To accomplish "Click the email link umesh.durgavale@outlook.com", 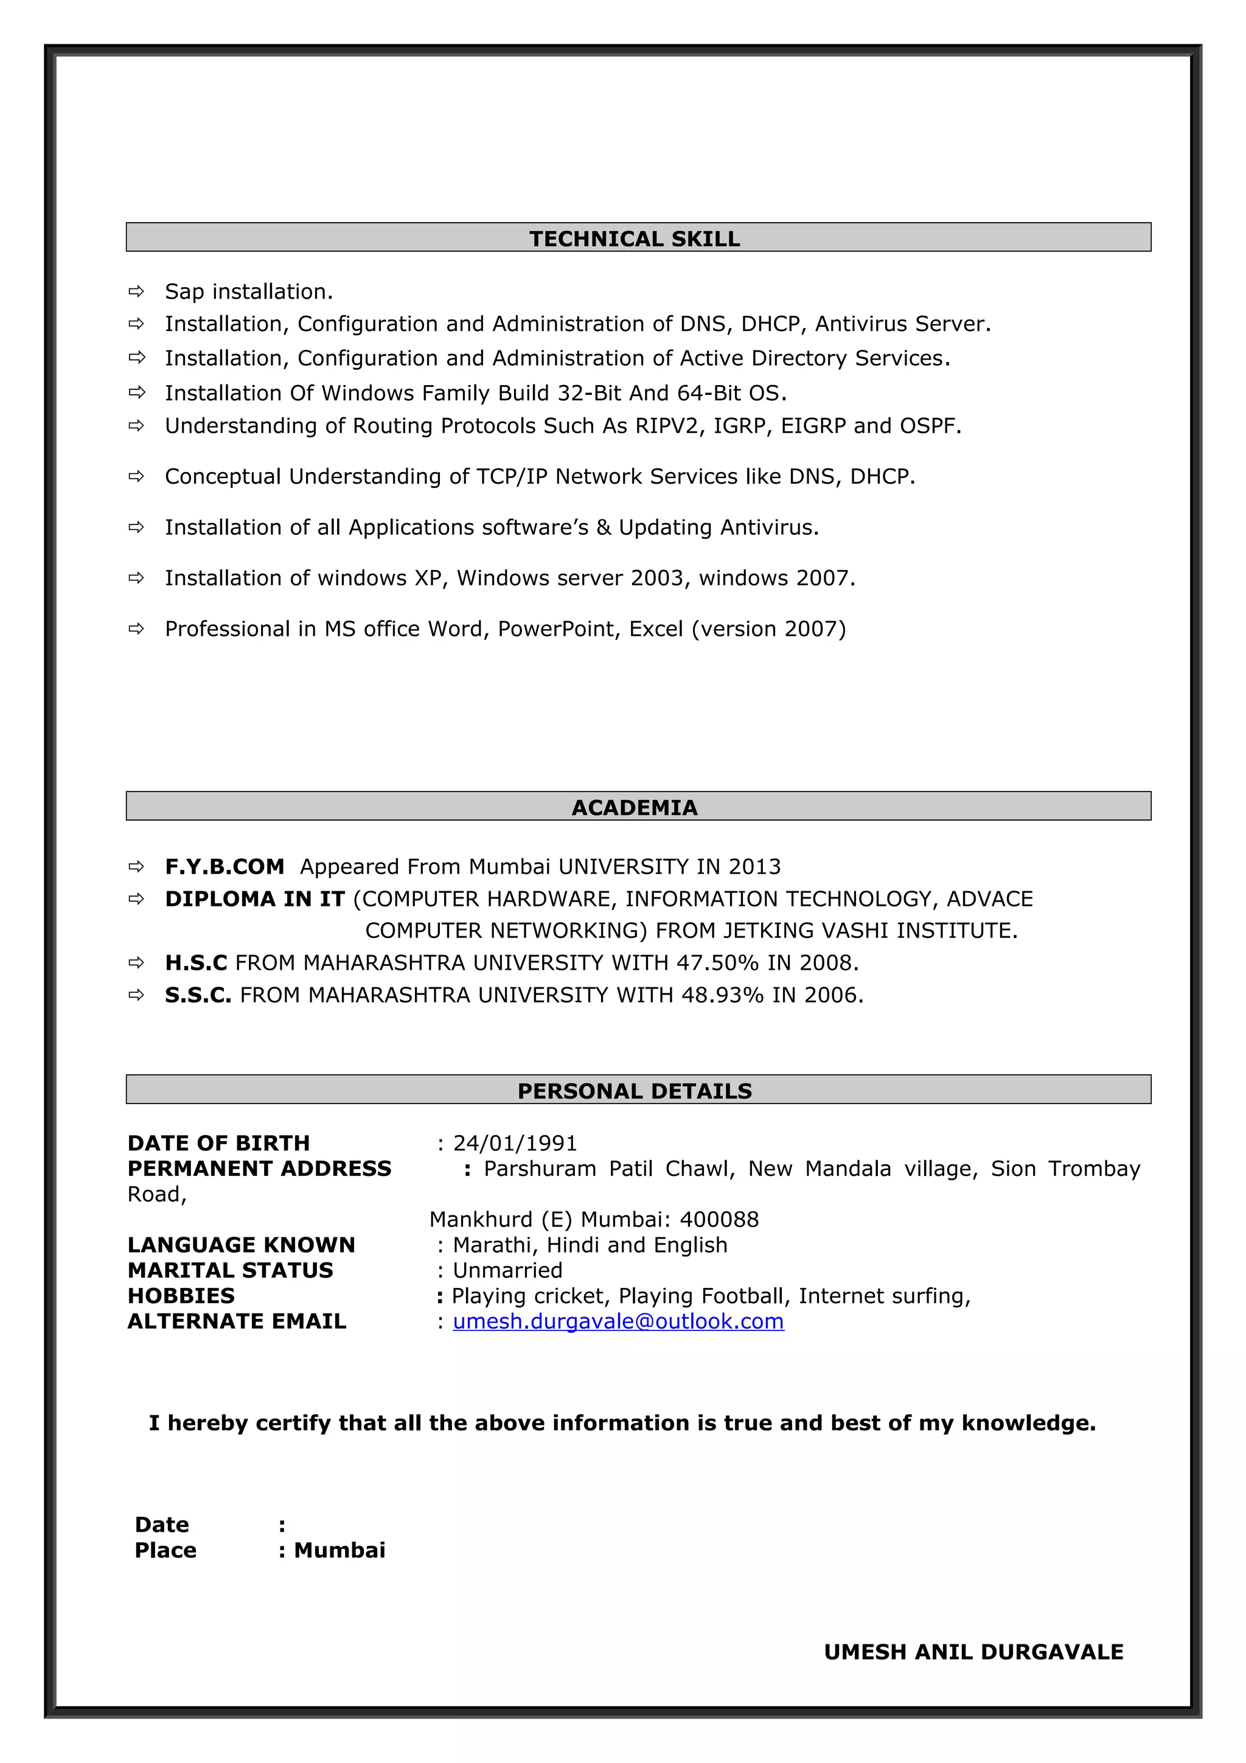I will pyautogui.click(x=618, y=1321).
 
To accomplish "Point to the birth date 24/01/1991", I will pyautogui.click(x=515, y=1143).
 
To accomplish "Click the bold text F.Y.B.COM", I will pyautogui.click(x=224, y=867).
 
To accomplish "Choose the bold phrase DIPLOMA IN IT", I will pyautogui.click(x=255, y=899).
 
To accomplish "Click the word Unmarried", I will pyautogui.click(x=507, y=1270).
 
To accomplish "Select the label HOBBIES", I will pyautogui.click(x=181, y=1296).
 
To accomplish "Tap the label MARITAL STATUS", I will pyautogui.click(x=231, y=1270).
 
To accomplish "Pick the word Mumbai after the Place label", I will pyautogui.click(x=339, y=1550).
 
